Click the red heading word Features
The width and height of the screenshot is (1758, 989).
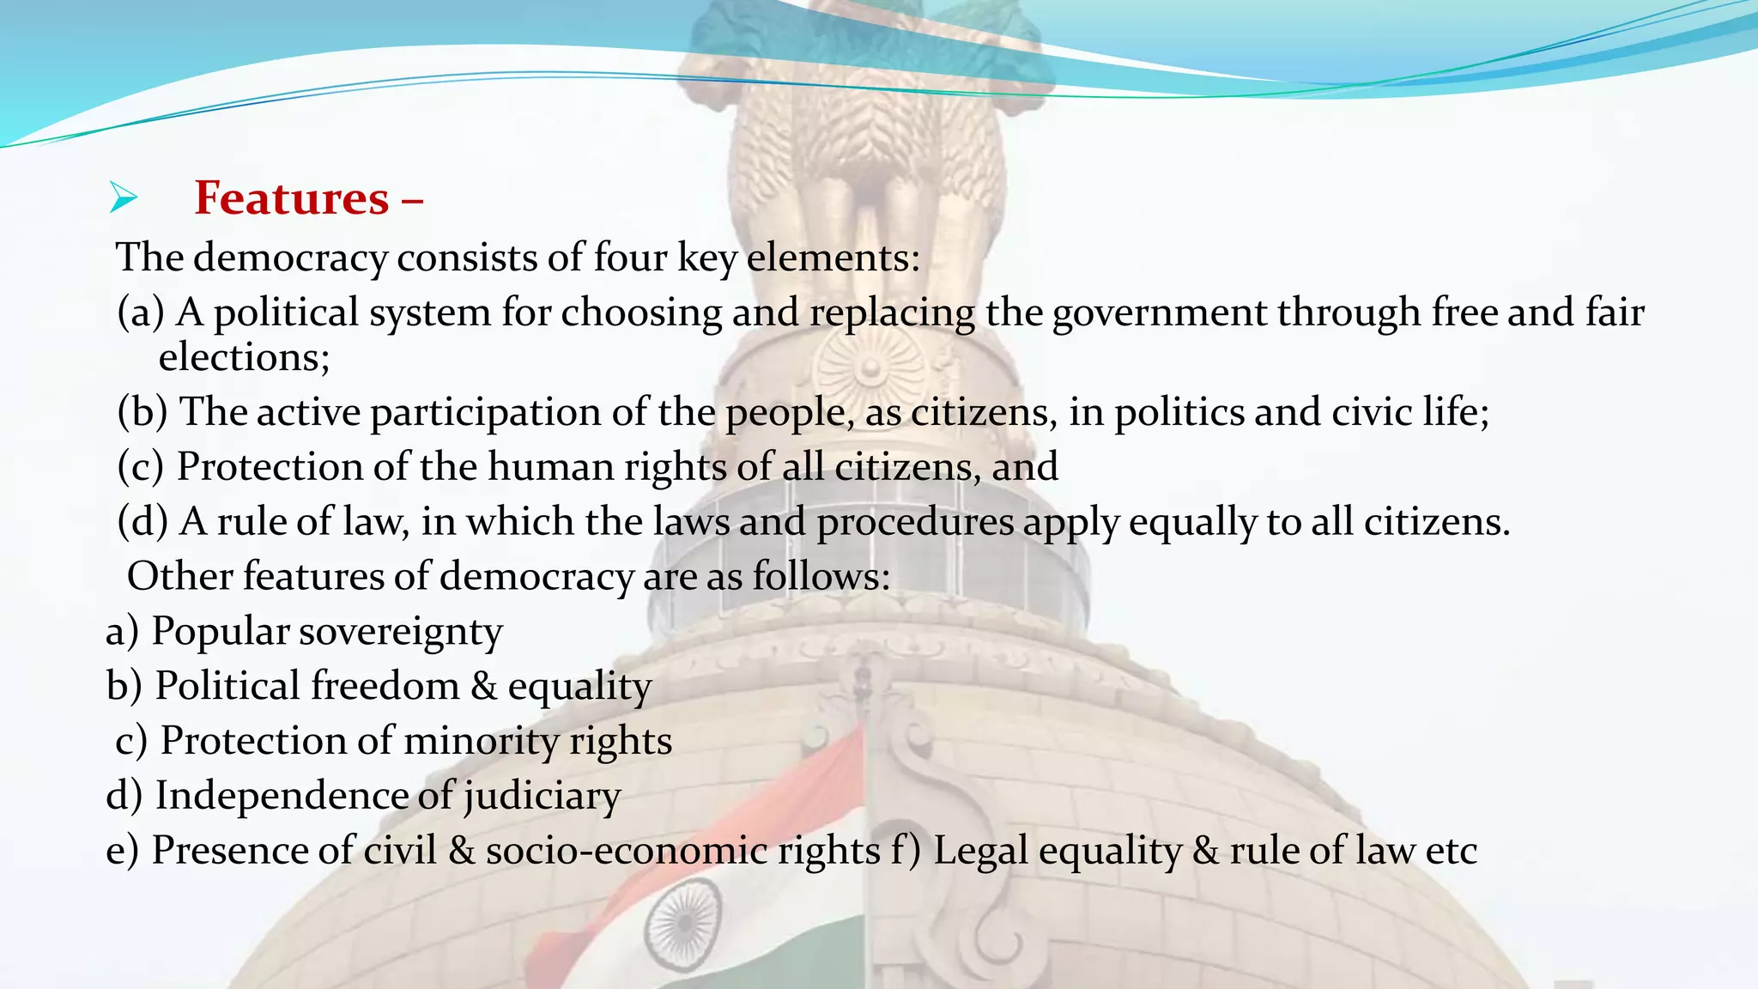coord(292,198)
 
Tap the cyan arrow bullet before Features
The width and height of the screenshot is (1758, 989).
coord(124,198)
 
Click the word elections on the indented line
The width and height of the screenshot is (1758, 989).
coord(244,357)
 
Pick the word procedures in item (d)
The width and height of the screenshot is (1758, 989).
coord(915,522)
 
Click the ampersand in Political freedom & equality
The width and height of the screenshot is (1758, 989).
coord(484,686)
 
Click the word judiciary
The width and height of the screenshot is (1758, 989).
coord(543,796)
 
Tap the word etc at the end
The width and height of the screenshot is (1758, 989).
coord(1451,851)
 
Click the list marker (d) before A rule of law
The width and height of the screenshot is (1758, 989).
coord(142,522)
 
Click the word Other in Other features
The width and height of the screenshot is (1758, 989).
coord(179,576)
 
